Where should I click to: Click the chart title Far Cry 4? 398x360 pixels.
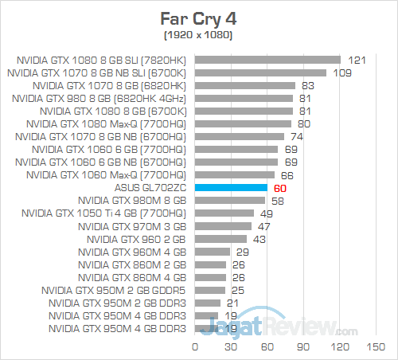point(199,17)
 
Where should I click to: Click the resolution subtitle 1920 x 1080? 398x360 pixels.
point(199,35)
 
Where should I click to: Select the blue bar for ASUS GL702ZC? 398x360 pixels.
point(231,187)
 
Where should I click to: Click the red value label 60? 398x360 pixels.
point(279,187)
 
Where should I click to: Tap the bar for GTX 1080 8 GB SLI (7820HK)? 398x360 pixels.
point(267,59)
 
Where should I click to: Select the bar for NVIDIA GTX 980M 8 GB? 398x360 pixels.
point(228,200)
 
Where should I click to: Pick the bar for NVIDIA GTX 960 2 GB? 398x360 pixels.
point(220,238)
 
